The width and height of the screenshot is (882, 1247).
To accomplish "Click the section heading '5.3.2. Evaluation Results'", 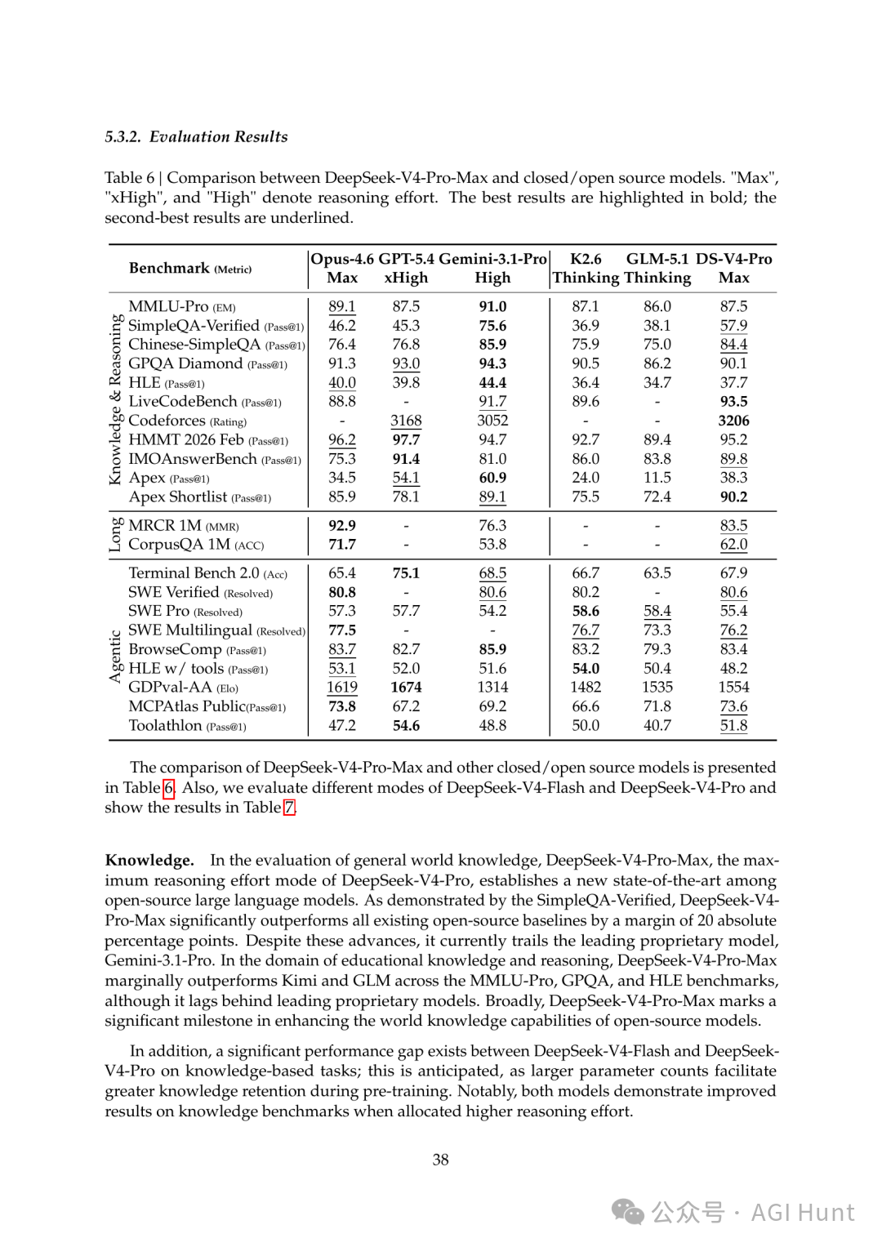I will tap(196, 136).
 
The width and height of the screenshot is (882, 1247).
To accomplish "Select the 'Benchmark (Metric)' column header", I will tap(190, 269).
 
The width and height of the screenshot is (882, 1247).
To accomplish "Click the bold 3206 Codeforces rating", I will tap(733, 421).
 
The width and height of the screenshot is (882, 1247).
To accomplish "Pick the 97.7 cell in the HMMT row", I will tap(406, 440).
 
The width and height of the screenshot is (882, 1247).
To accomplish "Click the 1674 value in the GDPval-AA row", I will tap(406, 688).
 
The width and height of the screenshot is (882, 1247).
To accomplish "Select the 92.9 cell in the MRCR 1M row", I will tap(341, 526).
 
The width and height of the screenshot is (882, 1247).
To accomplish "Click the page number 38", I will tap(441, 1160).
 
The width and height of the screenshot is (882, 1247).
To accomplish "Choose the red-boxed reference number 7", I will tap(289, 808).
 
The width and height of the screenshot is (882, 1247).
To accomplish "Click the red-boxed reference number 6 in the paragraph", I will tap(168, 788).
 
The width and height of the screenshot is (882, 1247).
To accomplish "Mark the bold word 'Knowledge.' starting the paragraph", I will tap(149, 860).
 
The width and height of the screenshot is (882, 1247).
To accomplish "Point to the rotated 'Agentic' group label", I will tap(115, 657).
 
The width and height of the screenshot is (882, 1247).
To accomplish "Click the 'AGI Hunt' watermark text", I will tap(802, 1213).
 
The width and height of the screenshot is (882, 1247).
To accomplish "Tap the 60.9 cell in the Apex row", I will tap(492, 478).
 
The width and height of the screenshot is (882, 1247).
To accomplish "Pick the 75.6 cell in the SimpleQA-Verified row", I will tap(492, 326).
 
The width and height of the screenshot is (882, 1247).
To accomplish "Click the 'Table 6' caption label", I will tap(129, 178).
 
